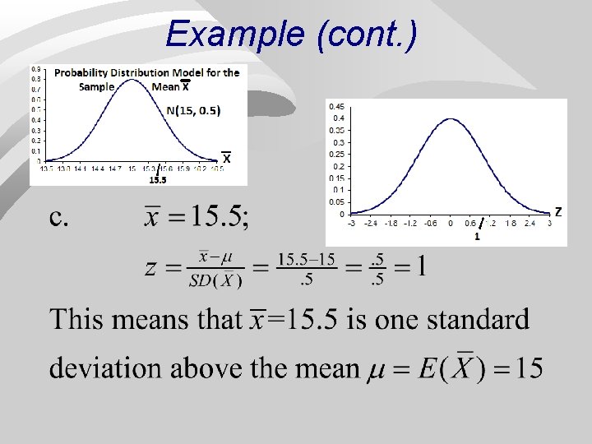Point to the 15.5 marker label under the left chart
157,180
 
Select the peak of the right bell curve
450,119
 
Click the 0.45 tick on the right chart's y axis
335,106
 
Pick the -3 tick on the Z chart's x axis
351,222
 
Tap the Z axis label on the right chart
558,212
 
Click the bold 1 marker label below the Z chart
477,237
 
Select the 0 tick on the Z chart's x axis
451,222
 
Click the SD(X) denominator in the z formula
215,280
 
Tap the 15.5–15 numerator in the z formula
307,260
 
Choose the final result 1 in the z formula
419,267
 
